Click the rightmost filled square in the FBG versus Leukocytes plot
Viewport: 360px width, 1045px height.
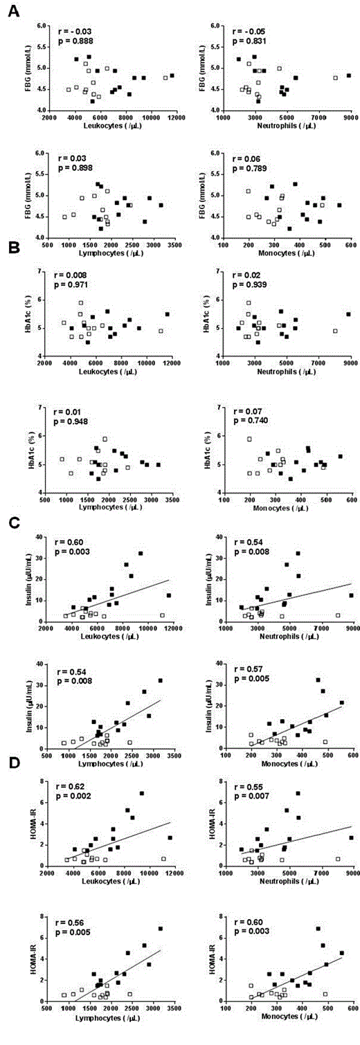click(172, 75)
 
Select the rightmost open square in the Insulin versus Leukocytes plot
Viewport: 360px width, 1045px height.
click(163, 615)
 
